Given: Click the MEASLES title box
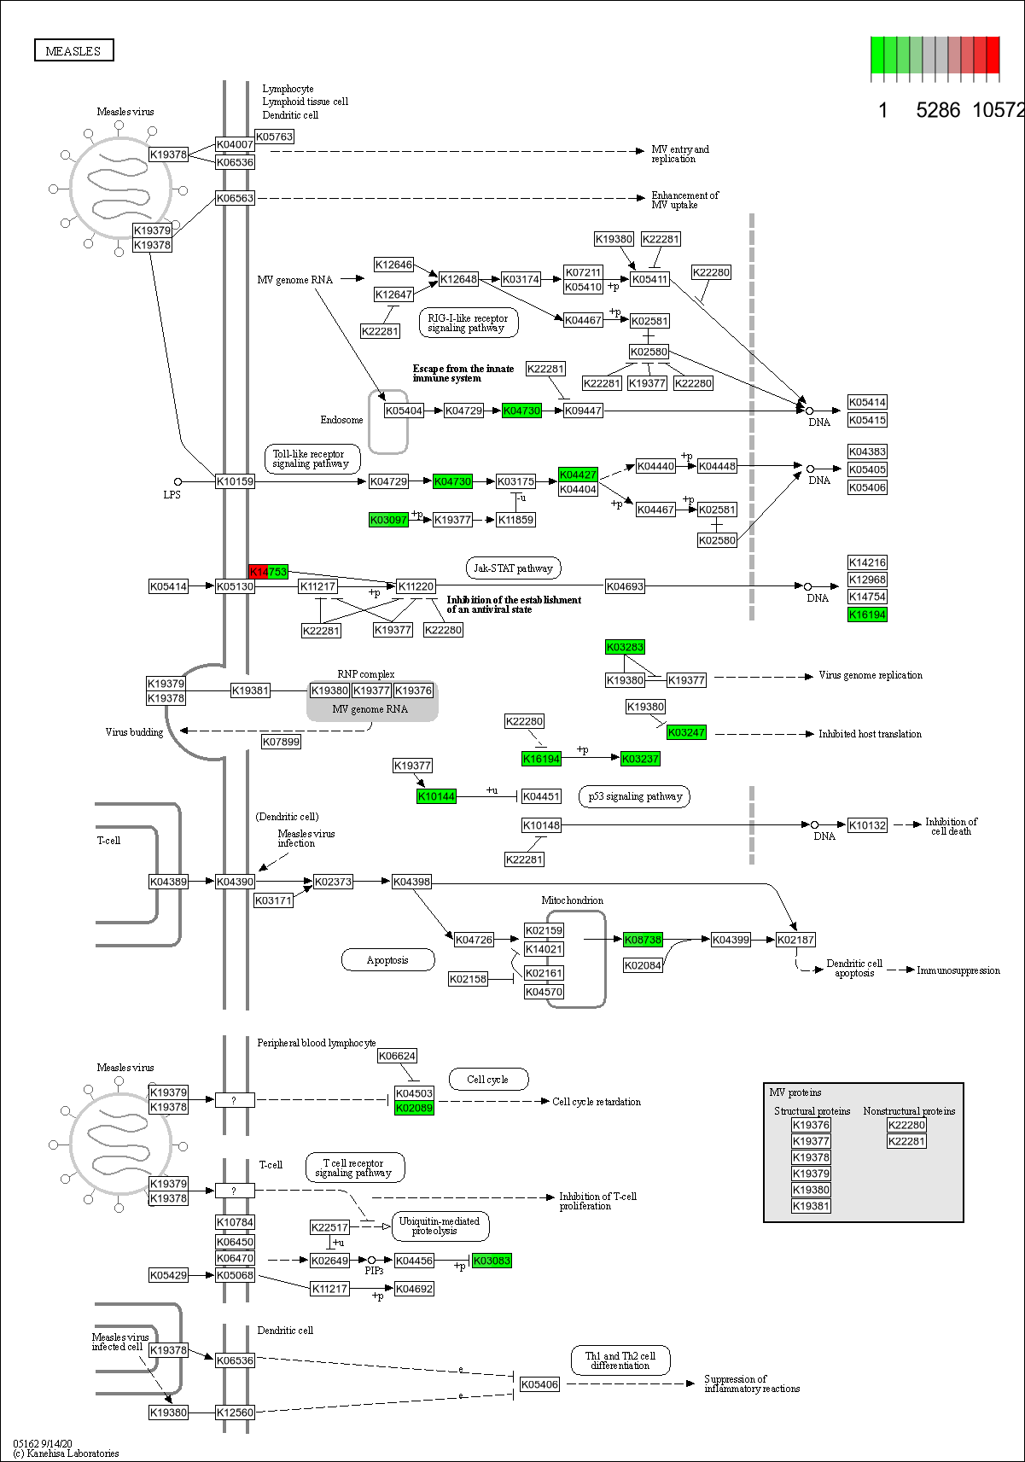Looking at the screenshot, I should point(73,51).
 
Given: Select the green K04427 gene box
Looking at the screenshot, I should point(578,475).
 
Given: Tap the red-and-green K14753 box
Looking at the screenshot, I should point(268,571).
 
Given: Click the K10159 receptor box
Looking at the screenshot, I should point(235,481).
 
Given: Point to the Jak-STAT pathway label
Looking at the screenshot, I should point(513,568).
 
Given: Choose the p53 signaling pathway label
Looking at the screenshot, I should point(635,796).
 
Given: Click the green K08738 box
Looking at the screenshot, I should point(643,940).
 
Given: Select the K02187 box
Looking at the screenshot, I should point(795,940).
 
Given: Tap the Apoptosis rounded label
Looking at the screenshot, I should point(387,960).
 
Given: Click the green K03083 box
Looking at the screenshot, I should point(492,1261).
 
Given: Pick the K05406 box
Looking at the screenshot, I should point(539,1384).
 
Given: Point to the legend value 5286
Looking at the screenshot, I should point(937,110).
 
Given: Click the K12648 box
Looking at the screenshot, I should point(458,279).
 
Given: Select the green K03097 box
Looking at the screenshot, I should point(388,520).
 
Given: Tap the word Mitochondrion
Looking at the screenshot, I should point(572,900).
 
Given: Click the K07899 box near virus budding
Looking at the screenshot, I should point(281,742).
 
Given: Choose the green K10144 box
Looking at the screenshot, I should point(436,796).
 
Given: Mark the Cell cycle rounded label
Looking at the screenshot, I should point(487,1080).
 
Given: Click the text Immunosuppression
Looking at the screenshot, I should point(958,970).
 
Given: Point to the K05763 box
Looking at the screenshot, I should point(274,137).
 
